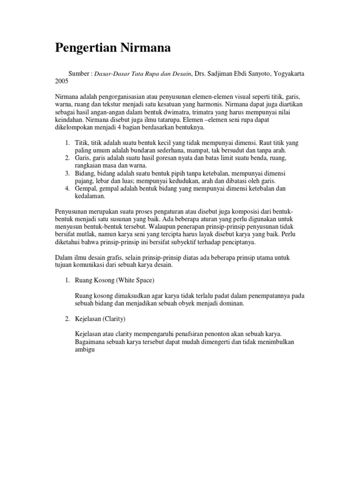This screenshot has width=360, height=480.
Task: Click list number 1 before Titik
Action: pos(67,142)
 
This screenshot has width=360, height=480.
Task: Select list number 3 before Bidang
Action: pos(67,173)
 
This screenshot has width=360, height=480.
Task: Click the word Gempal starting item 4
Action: pos(85,188)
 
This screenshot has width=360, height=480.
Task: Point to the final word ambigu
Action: pos(85,349)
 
